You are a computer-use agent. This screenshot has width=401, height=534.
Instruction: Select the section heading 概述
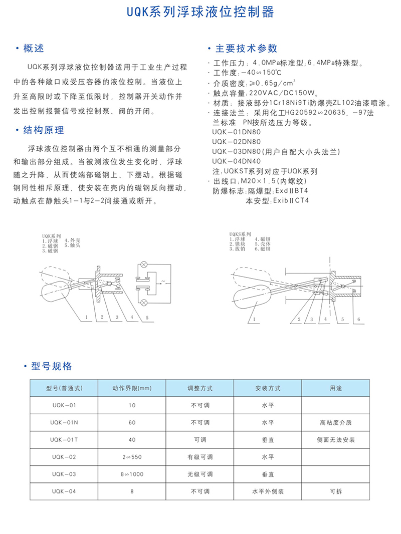point(34,48)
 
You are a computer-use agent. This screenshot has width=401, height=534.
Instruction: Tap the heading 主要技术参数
point(246,48)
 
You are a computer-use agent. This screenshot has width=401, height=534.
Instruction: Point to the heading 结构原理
point(44,130)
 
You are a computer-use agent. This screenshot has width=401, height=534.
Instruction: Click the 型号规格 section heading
point(51,366)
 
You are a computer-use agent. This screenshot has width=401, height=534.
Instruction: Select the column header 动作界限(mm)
point(132,388)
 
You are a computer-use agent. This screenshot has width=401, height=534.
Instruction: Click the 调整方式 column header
point(200,388)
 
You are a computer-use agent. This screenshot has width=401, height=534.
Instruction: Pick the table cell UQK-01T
point(64,440)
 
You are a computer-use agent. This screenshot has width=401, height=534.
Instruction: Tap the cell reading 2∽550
point(132,457)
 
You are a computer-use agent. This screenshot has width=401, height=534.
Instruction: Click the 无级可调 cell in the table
point(200,474)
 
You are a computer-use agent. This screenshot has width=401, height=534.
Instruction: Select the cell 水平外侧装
point(268,491)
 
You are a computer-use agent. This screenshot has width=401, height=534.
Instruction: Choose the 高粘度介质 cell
point(336,423)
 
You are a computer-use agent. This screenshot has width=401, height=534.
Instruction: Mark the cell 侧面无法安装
point(336,440)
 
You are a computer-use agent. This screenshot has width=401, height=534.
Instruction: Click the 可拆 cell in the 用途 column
point(336,491)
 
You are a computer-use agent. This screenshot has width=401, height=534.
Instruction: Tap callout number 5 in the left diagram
point(147,317)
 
